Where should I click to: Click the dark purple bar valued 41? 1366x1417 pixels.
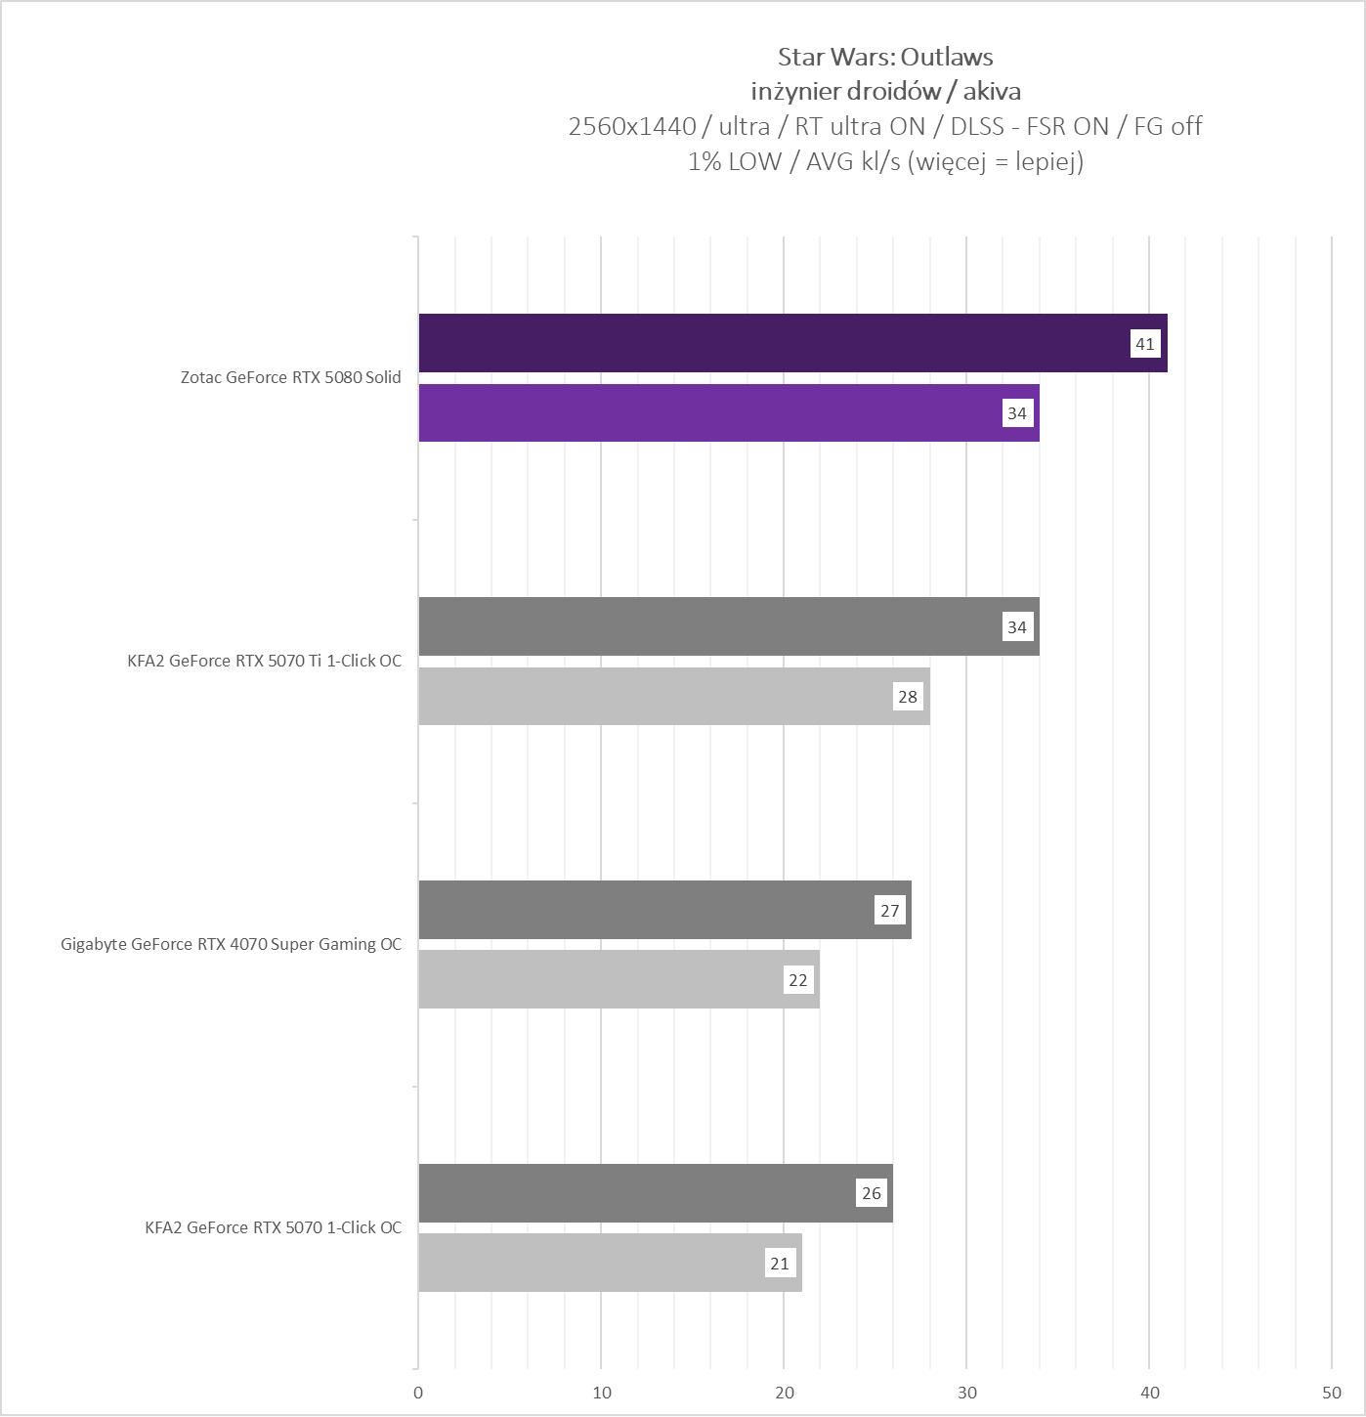click(x=772, y=343)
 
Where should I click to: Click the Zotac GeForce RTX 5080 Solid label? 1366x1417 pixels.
click(x=290, y=377)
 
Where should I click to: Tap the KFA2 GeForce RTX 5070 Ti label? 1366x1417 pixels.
click(x=264, y=661)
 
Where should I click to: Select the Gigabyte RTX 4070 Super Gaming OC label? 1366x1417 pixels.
click(x=231, y=944)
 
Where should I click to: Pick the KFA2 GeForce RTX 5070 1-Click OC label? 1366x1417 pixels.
click(x=273, y=1227)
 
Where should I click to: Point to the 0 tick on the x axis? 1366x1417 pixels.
click(x=418, y=1393)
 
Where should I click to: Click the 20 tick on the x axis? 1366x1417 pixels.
click(x=784, y=1393)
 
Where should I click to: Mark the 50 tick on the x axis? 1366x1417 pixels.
click(x=1332, y=1393)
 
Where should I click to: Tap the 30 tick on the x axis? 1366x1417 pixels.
click(x=966, y=1393)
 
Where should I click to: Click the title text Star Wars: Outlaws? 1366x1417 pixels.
click(x=885, y=57)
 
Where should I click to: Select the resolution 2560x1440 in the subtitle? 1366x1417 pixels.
click(x=631, y=126)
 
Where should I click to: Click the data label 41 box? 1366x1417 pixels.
click(x=1144, y=344)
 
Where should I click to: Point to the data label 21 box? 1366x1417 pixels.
click(x=779, y=1264)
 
